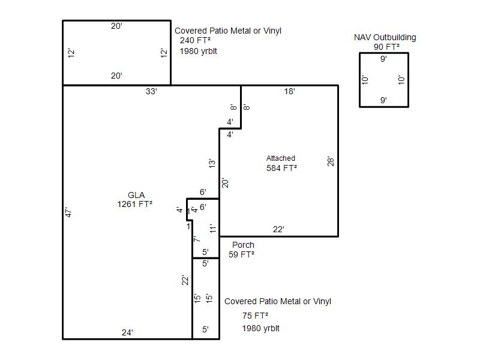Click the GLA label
coord(136,195)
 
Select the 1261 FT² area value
coord(134,204)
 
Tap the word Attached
coord(281,158)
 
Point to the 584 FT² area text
coord(281,168)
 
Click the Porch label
coord(244,245)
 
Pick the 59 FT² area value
coord(242,254)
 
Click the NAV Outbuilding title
coord(385,37)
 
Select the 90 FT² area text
coord(386,47)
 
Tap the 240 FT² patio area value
coord(196,40)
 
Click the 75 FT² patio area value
coord(256,316)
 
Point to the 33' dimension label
coord(152,91)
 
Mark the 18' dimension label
coord(290,91)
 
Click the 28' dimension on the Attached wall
coord(331,161)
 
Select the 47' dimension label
coord(68,212)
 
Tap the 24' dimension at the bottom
coord(127,332)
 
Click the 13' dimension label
coord(212,163)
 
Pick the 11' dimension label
coord(213,229)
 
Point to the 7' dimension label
coord(197,239)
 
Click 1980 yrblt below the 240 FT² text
coord(199,51)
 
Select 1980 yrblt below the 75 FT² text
coord(261,328)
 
